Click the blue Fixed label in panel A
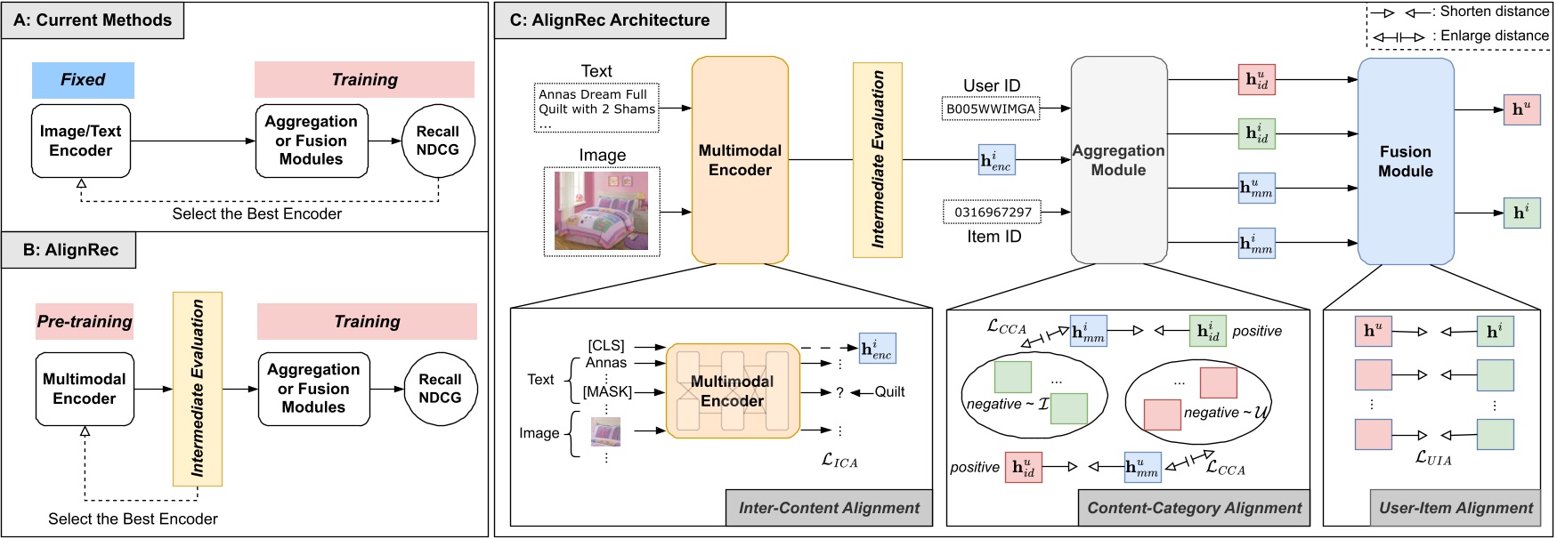(x=83, y=80)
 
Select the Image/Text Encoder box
(x=81, y=141)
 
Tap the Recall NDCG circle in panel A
(x=438, y=141)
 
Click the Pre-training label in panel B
(x=85, y=321)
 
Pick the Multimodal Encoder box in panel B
(x=85, y=389)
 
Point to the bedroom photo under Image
(x=602, y=212)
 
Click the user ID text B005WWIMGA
(x=991, y=109)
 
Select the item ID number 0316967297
(x=993, y=213)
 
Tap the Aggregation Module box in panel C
(x=1119, y=160)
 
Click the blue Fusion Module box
(x=1406, y=161)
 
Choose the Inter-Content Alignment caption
(x=829, y=508)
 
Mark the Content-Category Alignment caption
(x=1194, y=508)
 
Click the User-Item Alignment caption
(x=1456, y=508)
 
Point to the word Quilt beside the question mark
(x=889, y=391)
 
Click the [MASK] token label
(x=607, y=391)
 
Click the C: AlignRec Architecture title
(x=610, y=20)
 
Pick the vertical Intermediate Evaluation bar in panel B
(x=198, y=389)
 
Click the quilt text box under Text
(x=596, y=109)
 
